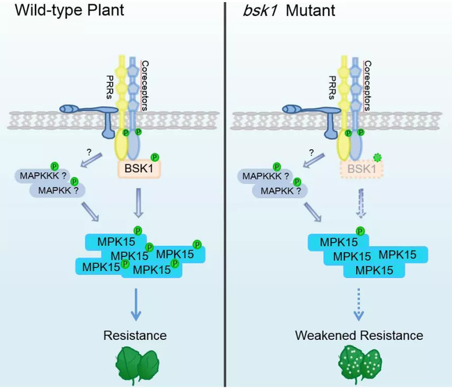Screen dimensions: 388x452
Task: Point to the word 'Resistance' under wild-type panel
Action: pyautogui.click(x=135, y=335)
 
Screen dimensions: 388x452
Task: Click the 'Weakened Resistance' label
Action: pyautogui.click(x=359, y=335)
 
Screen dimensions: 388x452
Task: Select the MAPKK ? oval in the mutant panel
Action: pyautogui.click(x=273, y=190)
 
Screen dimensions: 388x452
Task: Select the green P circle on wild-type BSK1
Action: pyautogui.click(x=155, y=156)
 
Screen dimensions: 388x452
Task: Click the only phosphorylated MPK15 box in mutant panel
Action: pyautogui.click(x=338, y=242)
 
